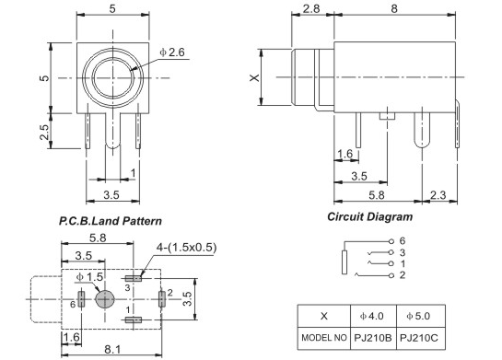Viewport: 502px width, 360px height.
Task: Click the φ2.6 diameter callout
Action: [172, 52]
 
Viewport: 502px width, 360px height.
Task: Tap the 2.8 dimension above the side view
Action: [310, 8]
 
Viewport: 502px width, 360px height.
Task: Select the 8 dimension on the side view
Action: [394, 8]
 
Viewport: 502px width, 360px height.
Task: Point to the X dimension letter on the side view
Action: [255, 77]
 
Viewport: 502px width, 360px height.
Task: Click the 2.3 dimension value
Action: [438, 195]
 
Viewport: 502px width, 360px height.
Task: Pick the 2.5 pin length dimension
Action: [44, 132]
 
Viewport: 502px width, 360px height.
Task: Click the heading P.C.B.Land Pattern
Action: [111, 221]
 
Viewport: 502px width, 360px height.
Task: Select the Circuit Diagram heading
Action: [369, 216]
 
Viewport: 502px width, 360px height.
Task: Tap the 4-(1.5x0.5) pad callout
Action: [186, 248]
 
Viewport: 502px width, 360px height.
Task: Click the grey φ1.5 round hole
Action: [105, 299]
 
